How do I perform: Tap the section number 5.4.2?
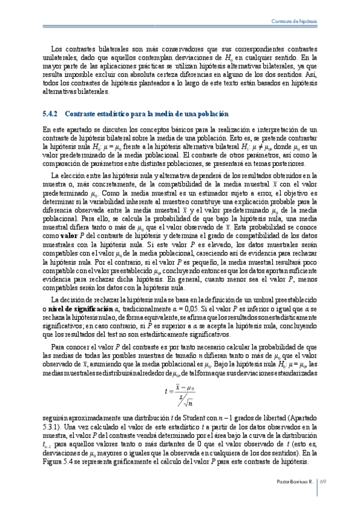[50, 114]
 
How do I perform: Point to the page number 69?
[322, 481]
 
